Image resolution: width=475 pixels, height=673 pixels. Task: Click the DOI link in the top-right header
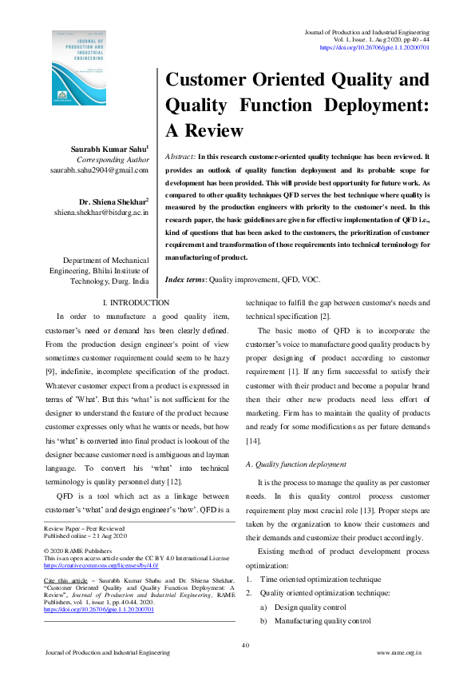tap(374, 48)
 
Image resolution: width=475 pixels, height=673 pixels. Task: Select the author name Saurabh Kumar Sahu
tap(113, 149)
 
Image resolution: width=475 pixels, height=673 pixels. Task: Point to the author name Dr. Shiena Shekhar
tap(113, 201)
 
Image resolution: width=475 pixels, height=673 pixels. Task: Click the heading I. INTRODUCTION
tap(137, 303)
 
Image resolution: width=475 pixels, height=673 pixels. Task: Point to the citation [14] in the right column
tap(254, 441)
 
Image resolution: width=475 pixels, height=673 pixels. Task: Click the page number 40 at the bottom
tap(246, 644)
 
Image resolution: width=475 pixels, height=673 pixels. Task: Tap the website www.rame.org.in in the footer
tap(399, 654)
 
